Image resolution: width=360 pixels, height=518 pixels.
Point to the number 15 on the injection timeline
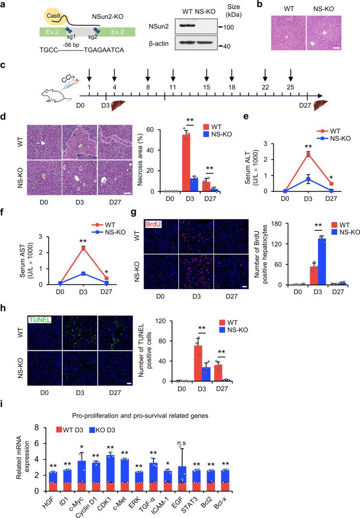[207, 88]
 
